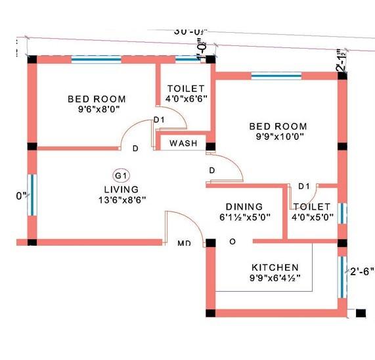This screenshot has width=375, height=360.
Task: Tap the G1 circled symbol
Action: point(121,175)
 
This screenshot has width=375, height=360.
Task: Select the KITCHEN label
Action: point(275,267)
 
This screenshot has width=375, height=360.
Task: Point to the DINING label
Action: point(244,206)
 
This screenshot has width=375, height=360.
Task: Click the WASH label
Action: point(183,143)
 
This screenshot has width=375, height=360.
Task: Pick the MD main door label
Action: point(185,243)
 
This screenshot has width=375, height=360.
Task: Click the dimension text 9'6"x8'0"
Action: point(97,109)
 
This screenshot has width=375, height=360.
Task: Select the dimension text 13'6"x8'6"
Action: point(121,200)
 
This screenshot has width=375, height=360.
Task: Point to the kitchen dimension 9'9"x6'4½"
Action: point(275,279)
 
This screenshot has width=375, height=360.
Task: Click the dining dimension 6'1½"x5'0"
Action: point(244,217)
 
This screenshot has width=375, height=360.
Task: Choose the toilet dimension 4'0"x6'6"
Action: point(186,98)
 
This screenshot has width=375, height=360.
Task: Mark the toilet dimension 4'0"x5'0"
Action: point(313,217)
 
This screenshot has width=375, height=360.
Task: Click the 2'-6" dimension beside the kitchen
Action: point(361,271)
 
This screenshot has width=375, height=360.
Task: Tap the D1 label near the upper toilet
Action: point(159,120)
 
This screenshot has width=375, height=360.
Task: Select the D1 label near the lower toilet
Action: point(303,187)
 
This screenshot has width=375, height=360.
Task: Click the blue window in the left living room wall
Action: point(30,194)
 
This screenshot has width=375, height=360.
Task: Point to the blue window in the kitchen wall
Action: point(342,276)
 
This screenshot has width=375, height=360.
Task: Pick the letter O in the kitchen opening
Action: point(232,242)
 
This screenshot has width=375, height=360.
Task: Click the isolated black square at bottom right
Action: point(360,313)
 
